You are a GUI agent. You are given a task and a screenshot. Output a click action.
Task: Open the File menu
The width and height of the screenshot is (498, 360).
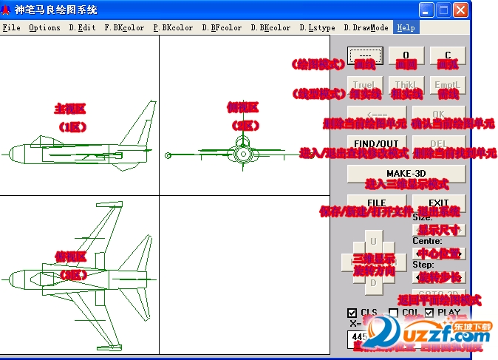11,28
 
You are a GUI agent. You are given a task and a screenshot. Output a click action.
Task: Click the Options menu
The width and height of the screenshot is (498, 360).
44,28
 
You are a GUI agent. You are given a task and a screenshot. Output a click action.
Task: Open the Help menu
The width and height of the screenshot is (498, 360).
405,28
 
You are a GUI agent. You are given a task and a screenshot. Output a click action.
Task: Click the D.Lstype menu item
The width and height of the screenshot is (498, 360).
317,28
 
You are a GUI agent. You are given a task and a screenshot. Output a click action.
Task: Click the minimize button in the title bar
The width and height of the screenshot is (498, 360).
426,10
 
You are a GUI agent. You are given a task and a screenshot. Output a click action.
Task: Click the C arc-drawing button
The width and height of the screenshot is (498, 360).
447,56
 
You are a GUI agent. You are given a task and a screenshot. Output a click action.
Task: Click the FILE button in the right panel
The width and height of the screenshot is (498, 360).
377,203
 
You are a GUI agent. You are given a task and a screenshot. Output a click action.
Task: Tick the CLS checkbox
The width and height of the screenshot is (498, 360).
352,313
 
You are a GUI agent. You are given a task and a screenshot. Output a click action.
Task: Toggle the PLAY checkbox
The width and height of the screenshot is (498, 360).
429,313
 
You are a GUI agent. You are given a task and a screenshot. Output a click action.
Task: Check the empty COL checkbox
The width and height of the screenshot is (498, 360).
394,313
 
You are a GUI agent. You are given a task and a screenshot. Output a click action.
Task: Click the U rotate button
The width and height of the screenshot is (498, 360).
373,241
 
